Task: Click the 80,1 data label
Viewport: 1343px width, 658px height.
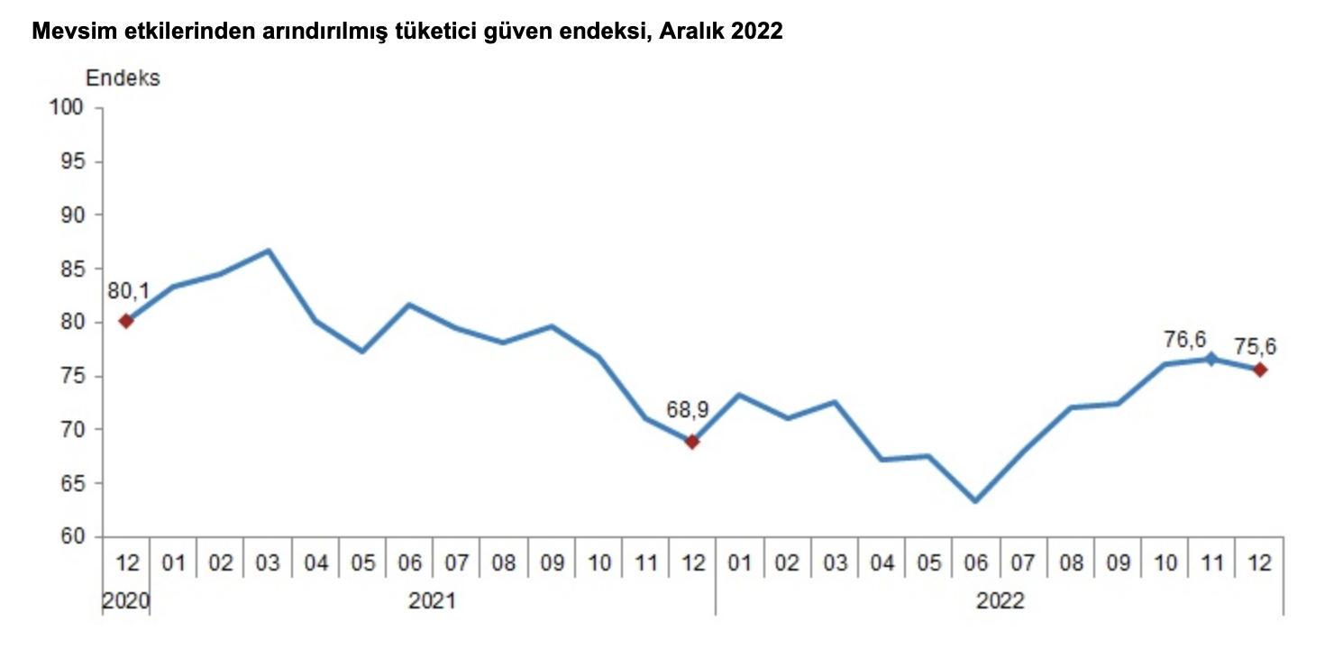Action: tap(128, 291)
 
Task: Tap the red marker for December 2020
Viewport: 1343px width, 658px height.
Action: tap(126, 321)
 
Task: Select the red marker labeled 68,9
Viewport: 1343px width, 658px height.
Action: tap(692, 442)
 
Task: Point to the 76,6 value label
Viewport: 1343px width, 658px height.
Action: tap(1184, 339)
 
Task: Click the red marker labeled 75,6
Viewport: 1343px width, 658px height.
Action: tap(1260, 370)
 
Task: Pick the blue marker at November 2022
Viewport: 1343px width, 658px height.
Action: tap(1212, 359)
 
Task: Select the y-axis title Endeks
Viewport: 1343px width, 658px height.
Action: tap(123, 78)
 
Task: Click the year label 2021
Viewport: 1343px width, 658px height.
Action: tap(432, 600)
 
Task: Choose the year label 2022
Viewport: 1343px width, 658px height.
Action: tap(1000, 600)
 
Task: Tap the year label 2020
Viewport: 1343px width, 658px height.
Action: tap(126, 600)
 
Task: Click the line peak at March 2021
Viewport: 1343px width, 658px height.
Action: tap(269, 251)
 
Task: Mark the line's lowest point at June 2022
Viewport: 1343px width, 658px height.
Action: tap(976, 501)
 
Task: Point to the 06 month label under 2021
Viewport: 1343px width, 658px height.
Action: tap(410, 563)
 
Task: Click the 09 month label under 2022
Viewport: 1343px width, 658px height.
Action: tap(1118, 563)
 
